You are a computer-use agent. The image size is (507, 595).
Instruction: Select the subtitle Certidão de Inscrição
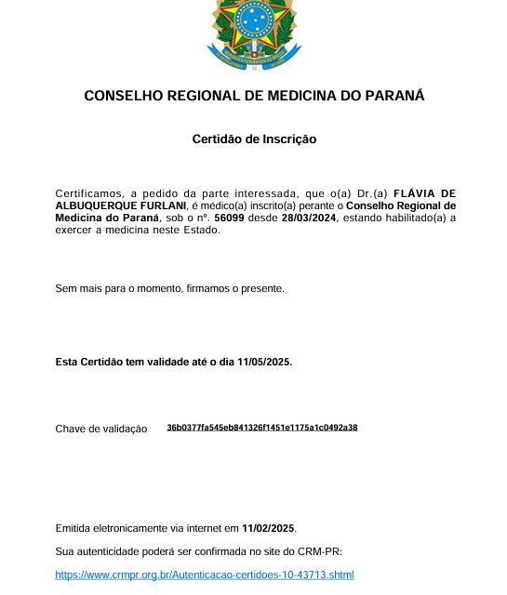click(x=254, y=139)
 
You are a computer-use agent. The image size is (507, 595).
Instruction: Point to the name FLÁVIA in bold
click(x=414, y=193)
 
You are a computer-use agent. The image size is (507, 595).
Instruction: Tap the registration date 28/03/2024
click(x=309, y=218)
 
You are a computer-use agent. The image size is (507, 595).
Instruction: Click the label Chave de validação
click(x=101, y=429)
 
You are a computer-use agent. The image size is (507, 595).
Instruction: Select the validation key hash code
click(x=262, y=428)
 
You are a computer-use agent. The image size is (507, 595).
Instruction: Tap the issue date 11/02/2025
click(x=269, y=528)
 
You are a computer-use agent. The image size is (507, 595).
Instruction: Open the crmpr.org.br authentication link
click(x=205, y=575)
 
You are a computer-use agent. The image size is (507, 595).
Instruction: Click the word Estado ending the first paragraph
click(x=203, y=230)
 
